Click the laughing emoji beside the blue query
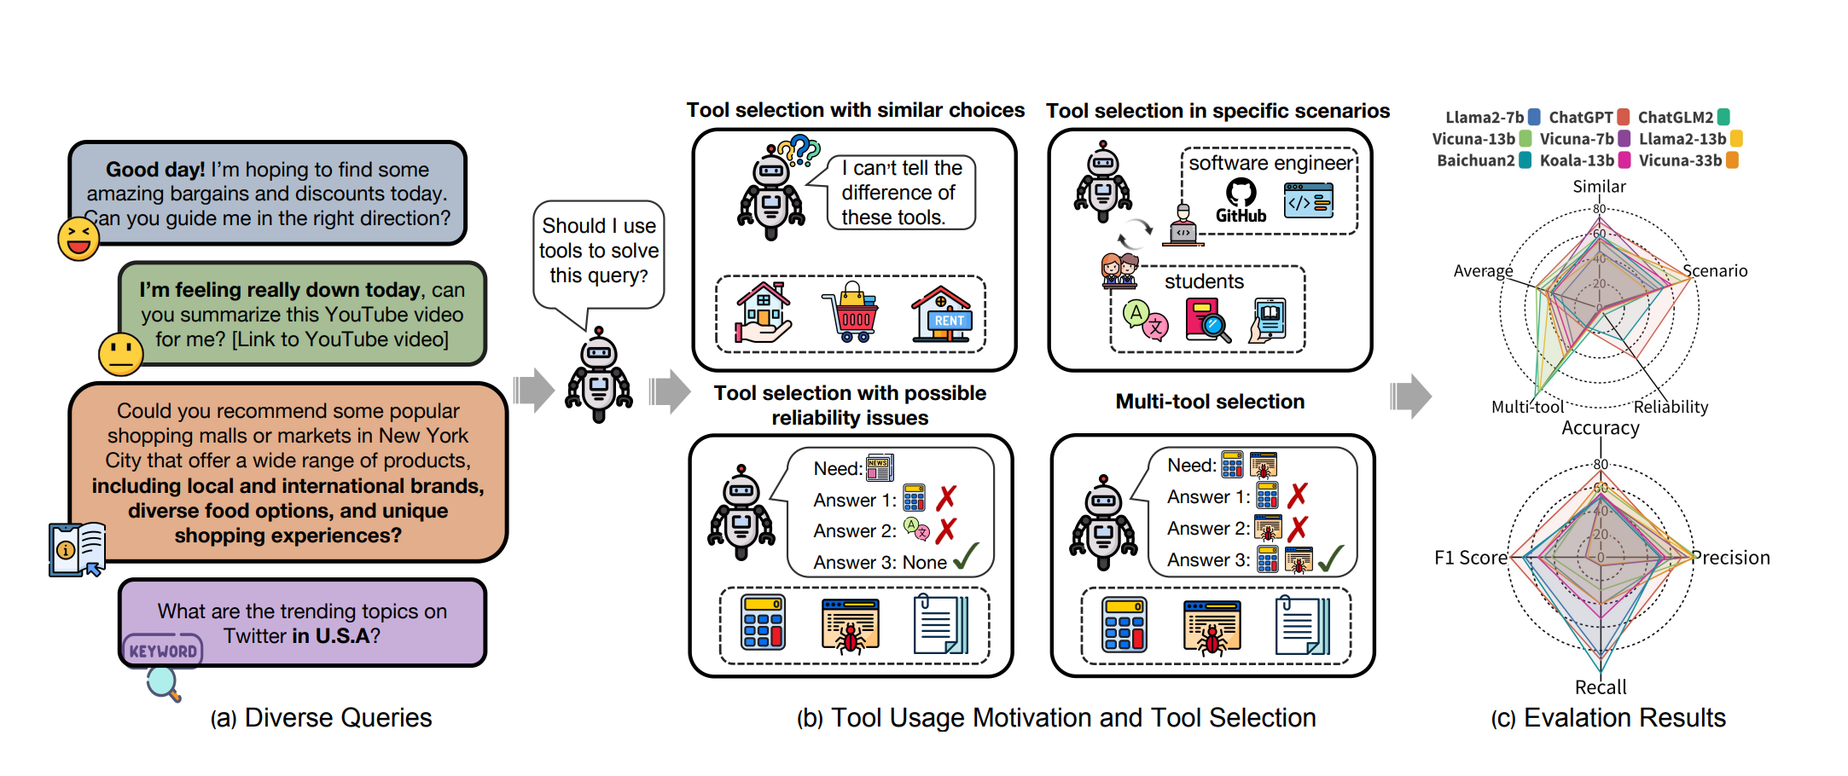tap(78, 238)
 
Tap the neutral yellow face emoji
tap(120, 354)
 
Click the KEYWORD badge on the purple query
tap(163, 651)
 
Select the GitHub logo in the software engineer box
tap(1241, 201)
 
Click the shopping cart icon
tap(851, 313)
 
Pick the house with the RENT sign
tap(941, 314)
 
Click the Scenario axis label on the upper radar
tap(1715, 271)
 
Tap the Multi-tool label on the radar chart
tap(1527, 408)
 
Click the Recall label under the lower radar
tap(1601, 687)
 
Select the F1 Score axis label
tap(1471, 558)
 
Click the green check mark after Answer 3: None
tap(967, 558)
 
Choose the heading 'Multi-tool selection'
tap(1210, 402)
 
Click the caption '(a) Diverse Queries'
tap(322, 718)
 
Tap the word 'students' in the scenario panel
tap(1204, 281)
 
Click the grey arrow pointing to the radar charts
tap(1411, 396)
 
